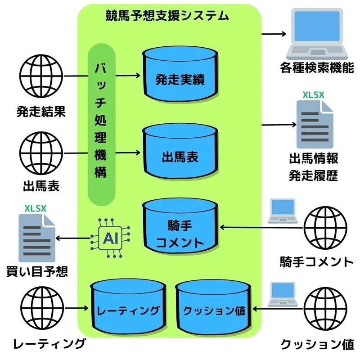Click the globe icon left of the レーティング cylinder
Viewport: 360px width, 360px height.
(x=41, y=308)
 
